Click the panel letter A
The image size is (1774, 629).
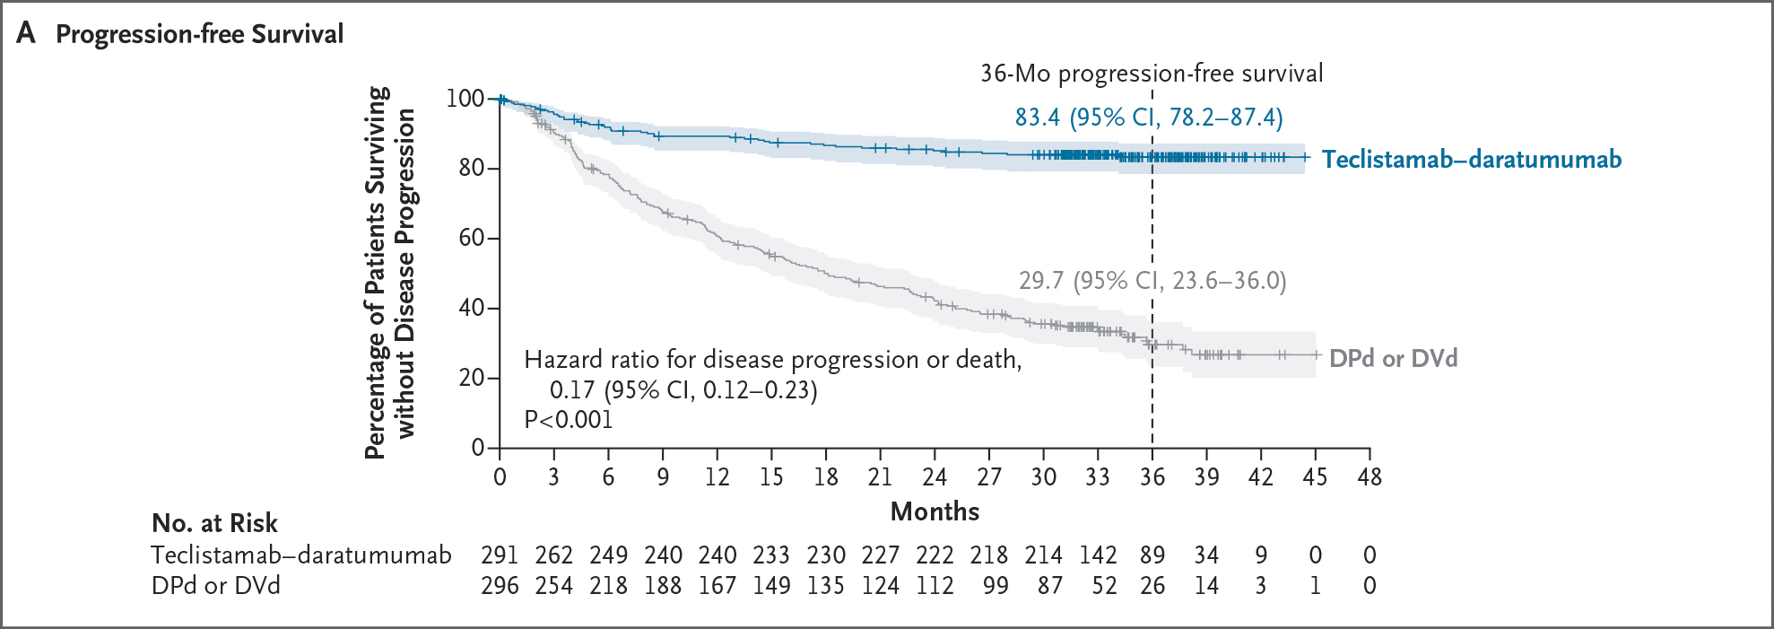coord(26,33)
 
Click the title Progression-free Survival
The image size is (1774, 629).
coord(199,34)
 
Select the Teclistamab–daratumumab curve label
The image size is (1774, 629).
coord(1471,160)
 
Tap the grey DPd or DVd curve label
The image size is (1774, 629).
coord(1392,358)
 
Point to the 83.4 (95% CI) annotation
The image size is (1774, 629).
coord(1148,118)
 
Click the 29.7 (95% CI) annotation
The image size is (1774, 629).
coord(1152,281)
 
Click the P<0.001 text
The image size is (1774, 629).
coord(568,420)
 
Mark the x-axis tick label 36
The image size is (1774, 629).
coord(1152,477)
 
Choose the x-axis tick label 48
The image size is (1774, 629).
coord(1369,477)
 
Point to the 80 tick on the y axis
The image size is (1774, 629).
coord(472,168)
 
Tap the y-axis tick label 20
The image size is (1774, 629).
coord(472,378)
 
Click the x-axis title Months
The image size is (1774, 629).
coord(935,511)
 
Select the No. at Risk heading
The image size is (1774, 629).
coord(214,523)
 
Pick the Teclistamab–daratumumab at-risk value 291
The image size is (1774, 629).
coord(499,555)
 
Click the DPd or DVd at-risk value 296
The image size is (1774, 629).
coord(499,586)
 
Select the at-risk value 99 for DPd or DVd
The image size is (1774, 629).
coord(995,586)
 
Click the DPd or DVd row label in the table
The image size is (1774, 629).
coord(215,586)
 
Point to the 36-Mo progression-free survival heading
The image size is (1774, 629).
coord(1151,74)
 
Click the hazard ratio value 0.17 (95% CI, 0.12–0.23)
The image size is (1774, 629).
coord(683,390)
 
